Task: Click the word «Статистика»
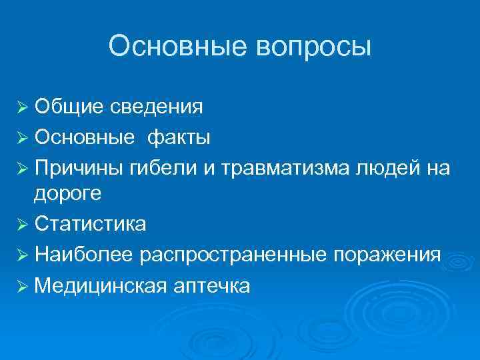(91, 224)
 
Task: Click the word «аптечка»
(212, 285)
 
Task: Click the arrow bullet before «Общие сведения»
(23, 107)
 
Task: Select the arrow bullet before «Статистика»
(23, 225)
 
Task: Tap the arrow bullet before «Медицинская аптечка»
(23, 286)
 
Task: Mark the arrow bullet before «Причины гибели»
(23, 169)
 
